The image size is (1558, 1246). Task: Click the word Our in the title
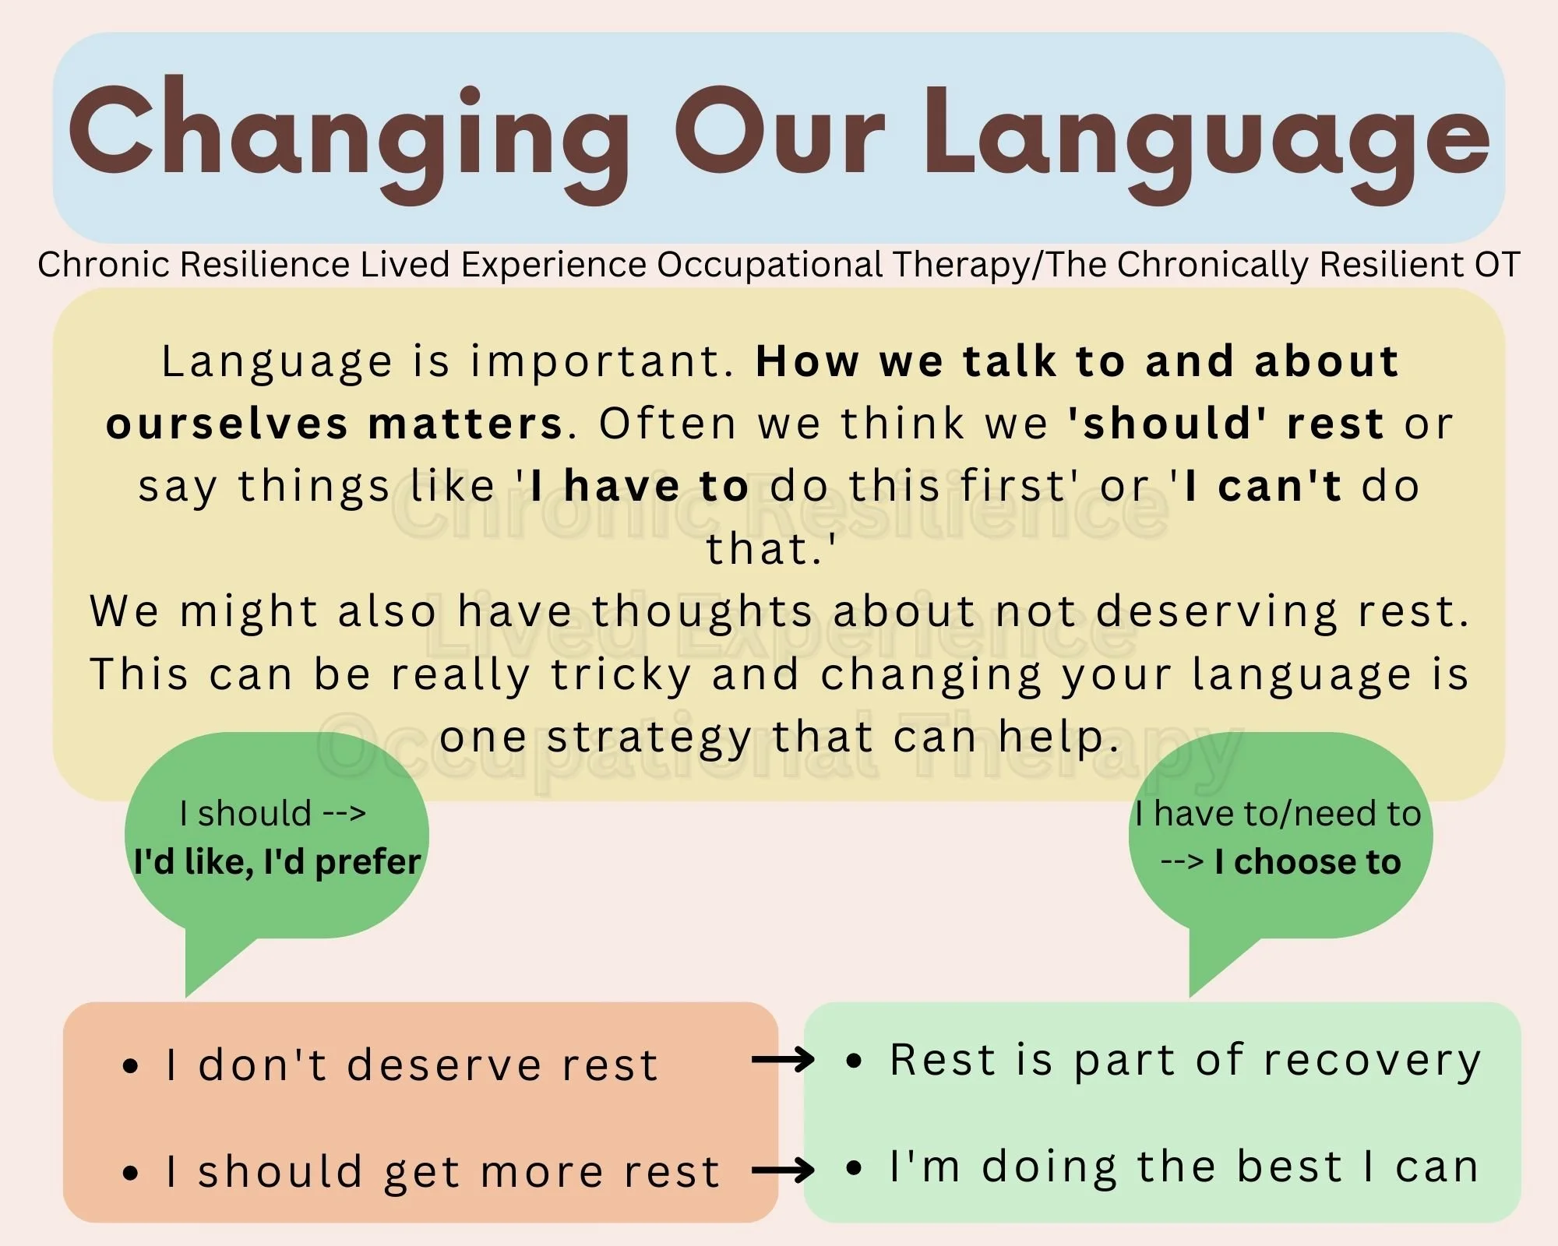point(780,132)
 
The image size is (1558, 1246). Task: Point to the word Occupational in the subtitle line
point(772,265)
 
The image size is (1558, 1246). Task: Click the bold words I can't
point(1263,487)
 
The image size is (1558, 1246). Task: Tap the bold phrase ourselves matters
point(335,424)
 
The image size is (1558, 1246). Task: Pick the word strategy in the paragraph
point(649,737)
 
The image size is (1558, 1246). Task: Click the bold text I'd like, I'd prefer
point(277,862)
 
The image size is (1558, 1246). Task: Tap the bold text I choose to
point(1307,862)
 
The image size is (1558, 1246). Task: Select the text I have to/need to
point(1278,814)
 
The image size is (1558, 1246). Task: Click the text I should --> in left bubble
point(273,814)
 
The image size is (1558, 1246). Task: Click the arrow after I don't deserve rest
point(782,1059)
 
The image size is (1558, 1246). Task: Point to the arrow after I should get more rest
point(782,1169)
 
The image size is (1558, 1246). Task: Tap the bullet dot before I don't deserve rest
point(131,1066)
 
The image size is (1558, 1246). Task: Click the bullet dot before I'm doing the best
point(854,1168)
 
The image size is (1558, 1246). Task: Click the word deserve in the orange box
point(444,1065)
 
